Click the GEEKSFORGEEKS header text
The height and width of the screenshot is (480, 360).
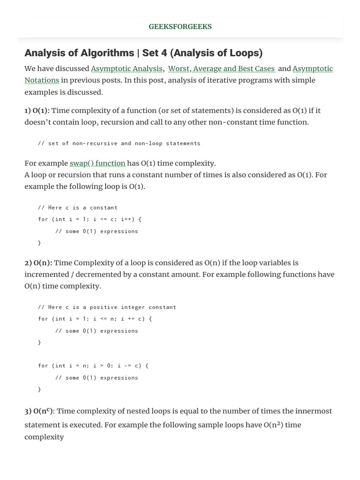(x=180, y=27)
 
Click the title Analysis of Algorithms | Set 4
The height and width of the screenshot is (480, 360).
(x=143, y=52)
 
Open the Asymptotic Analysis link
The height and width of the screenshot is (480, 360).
(x=127, y=68)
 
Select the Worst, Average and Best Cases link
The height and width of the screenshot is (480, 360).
(x=221, y=68)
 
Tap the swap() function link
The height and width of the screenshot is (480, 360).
(x=97, y=163)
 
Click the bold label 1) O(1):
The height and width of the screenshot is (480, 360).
(x=37, y=111)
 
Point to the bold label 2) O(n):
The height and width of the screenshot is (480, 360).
(x=38, y=262)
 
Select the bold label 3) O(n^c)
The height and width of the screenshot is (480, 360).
(x=39, y=411)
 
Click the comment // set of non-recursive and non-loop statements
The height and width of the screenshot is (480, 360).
(x=119, y=143)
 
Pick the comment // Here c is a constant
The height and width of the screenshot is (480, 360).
(x=78, y=207)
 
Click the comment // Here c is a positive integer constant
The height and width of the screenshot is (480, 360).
(x=107, y=307)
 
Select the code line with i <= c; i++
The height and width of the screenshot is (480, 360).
(x=90, y=219)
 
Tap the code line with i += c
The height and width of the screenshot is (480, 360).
(x=95, y=319)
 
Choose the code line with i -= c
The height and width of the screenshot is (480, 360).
(x=93, y=366)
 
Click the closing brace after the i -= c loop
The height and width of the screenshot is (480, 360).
(x=40, y=389)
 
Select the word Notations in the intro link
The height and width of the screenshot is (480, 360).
(x=42, y=80)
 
